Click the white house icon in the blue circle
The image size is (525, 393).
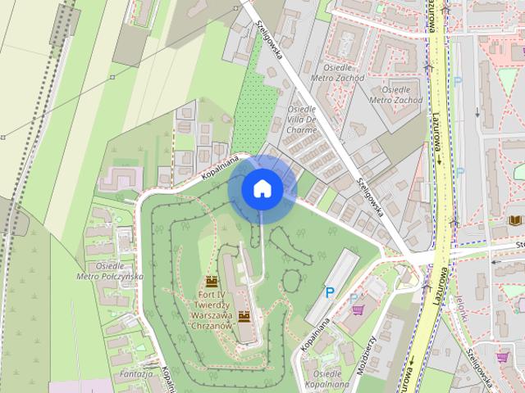tap(262, 188)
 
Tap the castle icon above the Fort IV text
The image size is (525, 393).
tap(212, 282)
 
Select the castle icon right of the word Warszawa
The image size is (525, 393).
tap(244, 316)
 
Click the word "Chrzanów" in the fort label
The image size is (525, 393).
tap(212, 324)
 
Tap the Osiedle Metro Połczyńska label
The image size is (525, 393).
tap(109, 271)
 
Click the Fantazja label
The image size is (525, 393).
tap(135, 373)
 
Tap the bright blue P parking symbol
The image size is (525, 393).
tap(330, 291)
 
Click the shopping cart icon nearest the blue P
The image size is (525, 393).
tap(358, 310)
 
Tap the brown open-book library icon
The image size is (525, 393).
tap(515, 220)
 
